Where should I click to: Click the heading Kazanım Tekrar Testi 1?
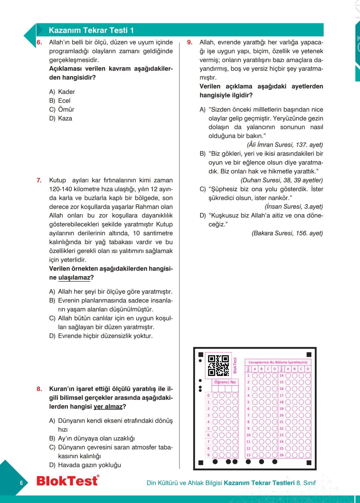click(x=91, y=30)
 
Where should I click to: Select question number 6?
click(x=39, y=42)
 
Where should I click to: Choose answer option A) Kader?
click(x=62, y=92)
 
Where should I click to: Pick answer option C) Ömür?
click(x=62, y=109)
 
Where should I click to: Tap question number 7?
click(x=39, y=180)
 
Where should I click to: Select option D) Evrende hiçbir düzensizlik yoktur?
click(x=101, y=336)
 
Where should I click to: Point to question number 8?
click(x=39, y=389)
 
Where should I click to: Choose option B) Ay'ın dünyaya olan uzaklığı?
click(x=92, y=438)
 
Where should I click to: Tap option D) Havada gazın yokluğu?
click(x=85, y=465)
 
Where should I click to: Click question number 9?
click(x=190, y=42)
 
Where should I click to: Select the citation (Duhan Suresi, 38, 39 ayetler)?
click(x=282, y=180)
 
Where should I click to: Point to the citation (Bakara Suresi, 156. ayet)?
click(x=287, y=233)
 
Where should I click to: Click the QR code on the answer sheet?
click(x=218, y=365)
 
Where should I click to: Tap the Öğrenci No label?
click(x=225, y=382)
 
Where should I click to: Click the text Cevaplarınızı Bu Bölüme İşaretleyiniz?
click(x=278, y=362)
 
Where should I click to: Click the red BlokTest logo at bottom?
click(x=68, y=481)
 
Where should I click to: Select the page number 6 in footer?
click(x=21, y=483)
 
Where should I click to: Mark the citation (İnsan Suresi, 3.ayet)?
click(x=294, y=207)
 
